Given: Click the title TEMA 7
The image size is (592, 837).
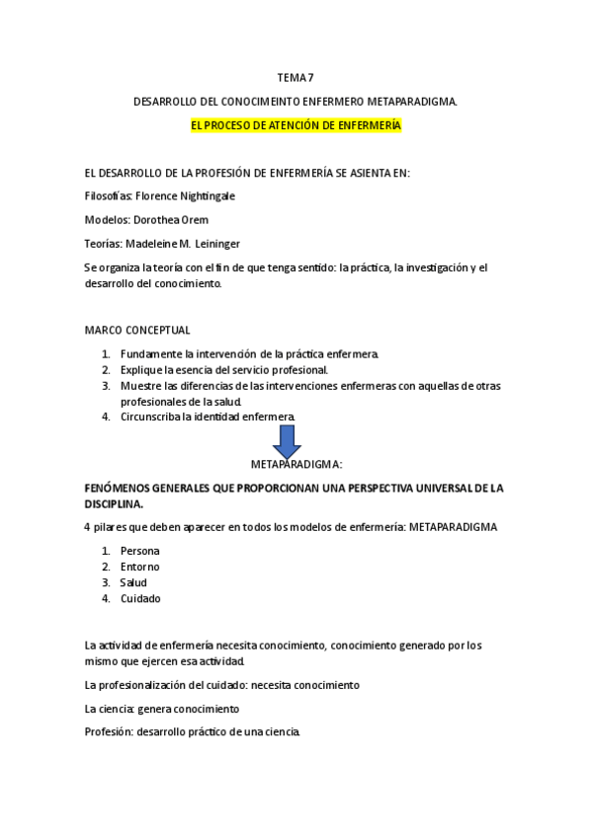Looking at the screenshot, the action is (x=296, y=77).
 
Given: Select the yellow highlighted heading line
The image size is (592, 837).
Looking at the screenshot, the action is (x=296, y=125).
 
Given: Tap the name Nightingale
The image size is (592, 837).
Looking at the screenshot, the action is (x=208, y=195).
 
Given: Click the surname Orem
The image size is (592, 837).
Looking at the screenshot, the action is (x=195, y=219).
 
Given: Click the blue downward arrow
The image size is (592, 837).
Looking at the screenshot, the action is (x=287, y=441).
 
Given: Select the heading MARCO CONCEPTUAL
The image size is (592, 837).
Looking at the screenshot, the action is (x=137, y=330).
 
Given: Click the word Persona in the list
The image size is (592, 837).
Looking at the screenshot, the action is (x=139, y=551).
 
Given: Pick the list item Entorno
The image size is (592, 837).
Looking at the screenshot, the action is (x=139, y=567).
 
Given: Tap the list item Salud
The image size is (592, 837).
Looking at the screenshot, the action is (x=134, y=582).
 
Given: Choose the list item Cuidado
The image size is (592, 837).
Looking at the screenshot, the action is (x=140, y=598).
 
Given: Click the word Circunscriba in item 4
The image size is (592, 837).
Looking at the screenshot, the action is (x=151, y=417).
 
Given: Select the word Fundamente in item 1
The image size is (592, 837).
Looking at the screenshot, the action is (x=150, y=353).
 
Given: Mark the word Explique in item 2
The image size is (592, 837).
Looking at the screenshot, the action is (x=142, y=369).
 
